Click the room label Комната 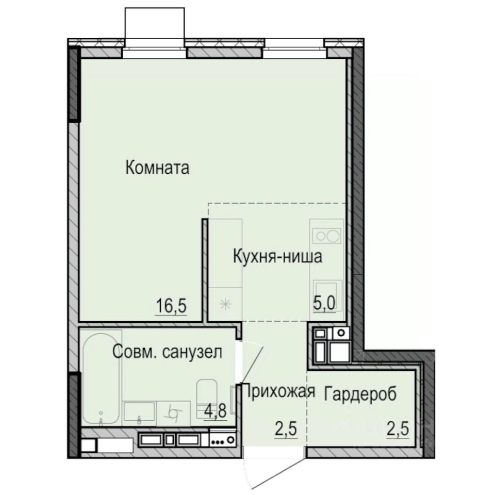tap(158, 168)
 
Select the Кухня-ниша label tap(277, 256)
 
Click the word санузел tap(192, 353)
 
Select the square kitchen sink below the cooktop tap(326, 291)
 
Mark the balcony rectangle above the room tap(155, 24)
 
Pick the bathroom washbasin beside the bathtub tap(139, 412)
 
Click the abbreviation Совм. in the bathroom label tap(134, 353)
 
